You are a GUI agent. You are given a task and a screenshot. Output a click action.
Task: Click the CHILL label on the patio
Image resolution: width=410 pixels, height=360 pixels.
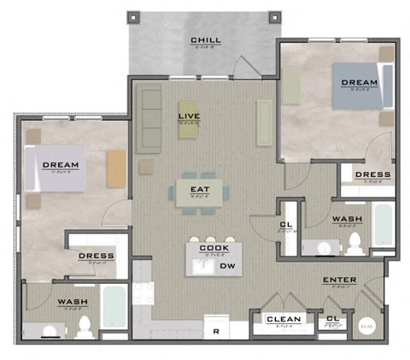point(206,40)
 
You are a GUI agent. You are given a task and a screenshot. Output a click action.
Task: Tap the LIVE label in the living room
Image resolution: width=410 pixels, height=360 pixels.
point(189,115)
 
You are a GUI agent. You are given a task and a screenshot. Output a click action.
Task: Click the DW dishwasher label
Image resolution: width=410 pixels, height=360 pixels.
point(227,267)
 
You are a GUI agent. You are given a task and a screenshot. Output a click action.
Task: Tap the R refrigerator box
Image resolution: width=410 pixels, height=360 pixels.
point(216,329)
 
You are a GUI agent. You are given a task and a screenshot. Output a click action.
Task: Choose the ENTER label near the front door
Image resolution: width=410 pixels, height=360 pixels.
point(339,280)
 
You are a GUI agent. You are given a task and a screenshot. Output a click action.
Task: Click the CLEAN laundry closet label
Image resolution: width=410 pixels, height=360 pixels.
point(282,320)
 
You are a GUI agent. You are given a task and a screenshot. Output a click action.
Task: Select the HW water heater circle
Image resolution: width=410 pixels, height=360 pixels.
point(367,325)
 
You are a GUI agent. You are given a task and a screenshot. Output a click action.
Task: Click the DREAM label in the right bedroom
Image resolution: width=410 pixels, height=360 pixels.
point(359,83)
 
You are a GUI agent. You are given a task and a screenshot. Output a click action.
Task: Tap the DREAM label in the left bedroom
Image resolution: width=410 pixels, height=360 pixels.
point(61,165)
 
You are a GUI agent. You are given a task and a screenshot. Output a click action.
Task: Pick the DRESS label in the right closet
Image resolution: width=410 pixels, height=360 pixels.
point(372,174)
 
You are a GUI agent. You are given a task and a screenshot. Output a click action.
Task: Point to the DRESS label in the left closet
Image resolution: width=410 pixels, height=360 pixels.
point(97,256)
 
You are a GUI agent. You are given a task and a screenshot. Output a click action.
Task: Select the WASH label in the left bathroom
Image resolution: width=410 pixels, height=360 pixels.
point(74,302)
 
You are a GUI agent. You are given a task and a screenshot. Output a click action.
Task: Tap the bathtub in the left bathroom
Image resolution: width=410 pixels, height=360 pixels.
point(114,307)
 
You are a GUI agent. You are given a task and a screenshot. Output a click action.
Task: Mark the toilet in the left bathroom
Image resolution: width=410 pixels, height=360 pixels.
point(84,326)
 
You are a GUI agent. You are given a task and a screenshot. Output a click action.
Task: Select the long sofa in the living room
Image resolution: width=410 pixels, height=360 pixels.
point(149,120)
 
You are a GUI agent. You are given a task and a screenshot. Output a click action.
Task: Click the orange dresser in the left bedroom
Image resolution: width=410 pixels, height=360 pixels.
point(116,169)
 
